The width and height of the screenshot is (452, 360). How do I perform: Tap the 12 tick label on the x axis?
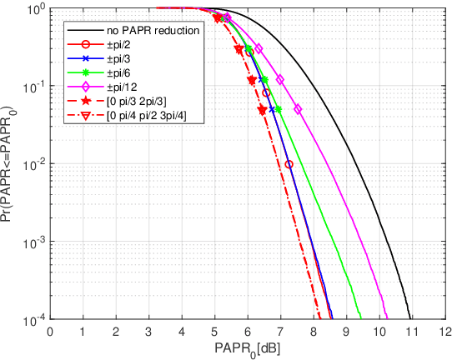pyautogui.click(x=444, y=332)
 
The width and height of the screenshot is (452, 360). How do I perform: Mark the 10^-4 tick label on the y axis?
pyautogui.click(x=32, y=319)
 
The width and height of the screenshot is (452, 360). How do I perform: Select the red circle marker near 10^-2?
pyautogui.click(x=289, y=164)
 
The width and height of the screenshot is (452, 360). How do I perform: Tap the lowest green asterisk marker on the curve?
pyautogui.click(x=278, y=110)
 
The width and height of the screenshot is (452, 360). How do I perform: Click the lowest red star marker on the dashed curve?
pyautogui.click(x=262, y=110)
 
